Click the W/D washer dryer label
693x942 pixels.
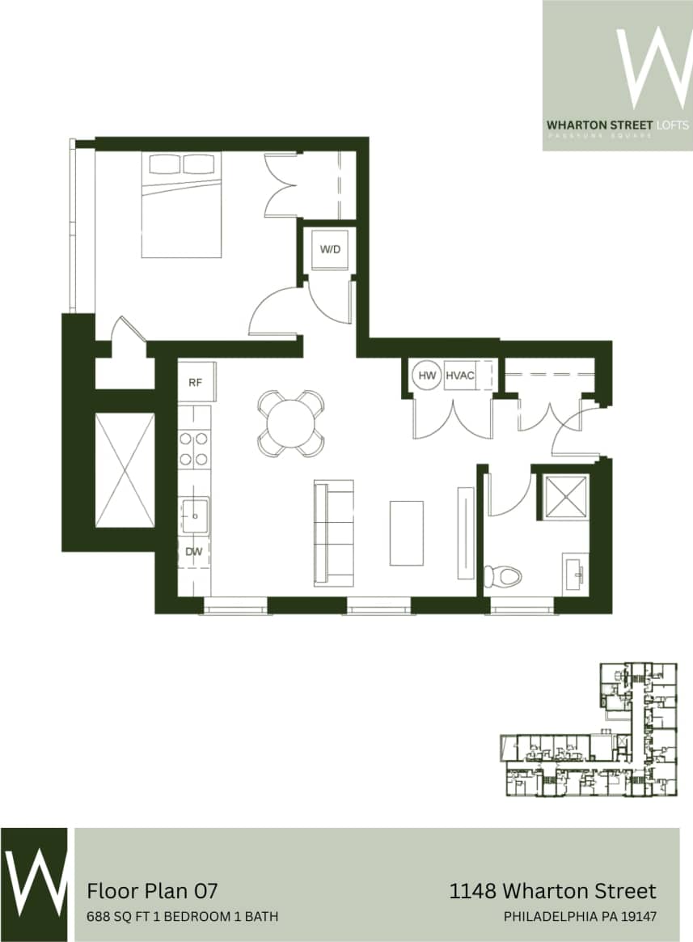click(330, 249)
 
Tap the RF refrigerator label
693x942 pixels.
click(195, 382)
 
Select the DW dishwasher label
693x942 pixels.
click(194, 553)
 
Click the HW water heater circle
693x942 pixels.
click(426, 376)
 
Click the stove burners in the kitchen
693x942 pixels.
click(194, 449)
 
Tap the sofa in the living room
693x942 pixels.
click(334, 532)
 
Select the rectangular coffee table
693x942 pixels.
click(406, 533)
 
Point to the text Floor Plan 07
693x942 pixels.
click(152, 891)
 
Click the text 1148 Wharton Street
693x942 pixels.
click(552, 891)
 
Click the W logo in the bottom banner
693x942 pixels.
click(34, 885)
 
